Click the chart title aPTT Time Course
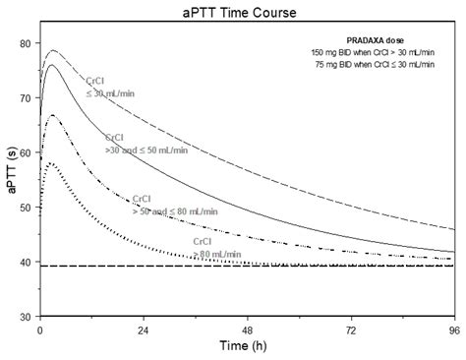click(246, 12)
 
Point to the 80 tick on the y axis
click(27, 43)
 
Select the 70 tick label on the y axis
click(27, 98)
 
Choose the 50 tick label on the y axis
click(27, 208)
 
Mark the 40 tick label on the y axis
click(27, 263)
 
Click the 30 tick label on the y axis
click(27, 318)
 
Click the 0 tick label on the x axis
click(39, 330)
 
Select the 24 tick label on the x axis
click(144, 330)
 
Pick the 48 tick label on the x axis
click(248, 330)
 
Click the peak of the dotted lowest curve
click(50, 163)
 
